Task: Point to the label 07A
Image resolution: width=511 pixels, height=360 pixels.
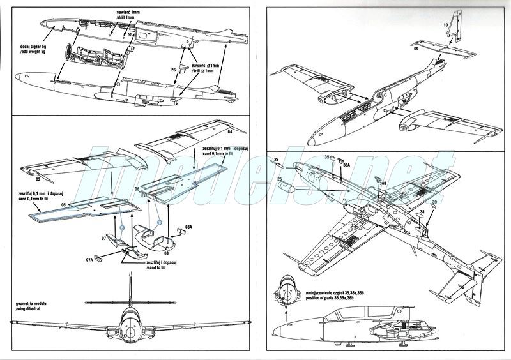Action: tap(90, 260)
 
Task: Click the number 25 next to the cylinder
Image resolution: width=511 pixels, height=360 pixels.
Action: tap(278, 181)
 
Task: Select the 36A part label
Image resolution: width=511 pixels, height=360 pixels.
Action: tap(346, 164)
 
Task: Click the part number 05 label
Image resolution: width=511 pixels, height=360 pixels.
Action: tap(65, 205)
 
